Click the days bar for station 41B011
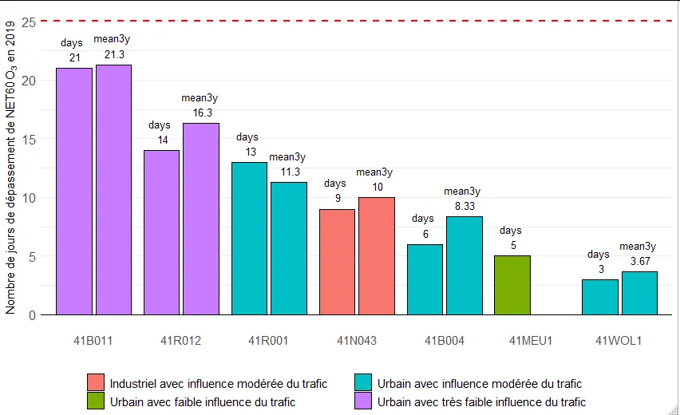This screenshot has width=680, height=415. [x=73, y=192]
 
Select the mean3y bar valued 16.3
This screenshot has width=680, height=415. [x=201, y=219]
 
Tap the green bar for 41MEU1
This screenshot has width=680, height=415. [x=512, y=285]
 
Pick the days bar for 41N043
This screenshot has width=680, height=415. [x=337, y=262]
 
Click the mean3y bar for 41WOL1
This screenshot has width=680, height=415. [x=639, y=293]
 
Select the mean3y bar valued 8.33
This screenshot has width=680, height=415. [x=465, y=266]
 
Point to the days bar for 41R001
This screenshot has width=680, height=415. [x=249, y=239]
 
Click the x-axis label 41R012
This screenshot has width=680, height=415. [x=181, y=341]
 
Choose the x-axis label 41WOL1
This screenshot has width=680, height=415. [x=619, y=341]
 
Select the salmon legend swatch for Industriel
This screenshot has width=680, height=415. [x=96, y=384]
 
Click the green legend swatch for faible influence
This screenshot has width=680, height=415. [x=96, y=401]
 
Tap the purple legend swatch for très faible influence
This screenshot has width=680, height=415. [x=364, y=401]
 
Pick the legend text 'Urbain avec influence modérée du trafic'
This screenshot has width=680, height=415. [x=480, y=384]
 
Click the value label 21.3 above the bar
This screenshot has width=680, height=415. [x=114, y=55]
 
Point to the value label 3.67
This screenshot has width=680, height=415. [x=639, y=262]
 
